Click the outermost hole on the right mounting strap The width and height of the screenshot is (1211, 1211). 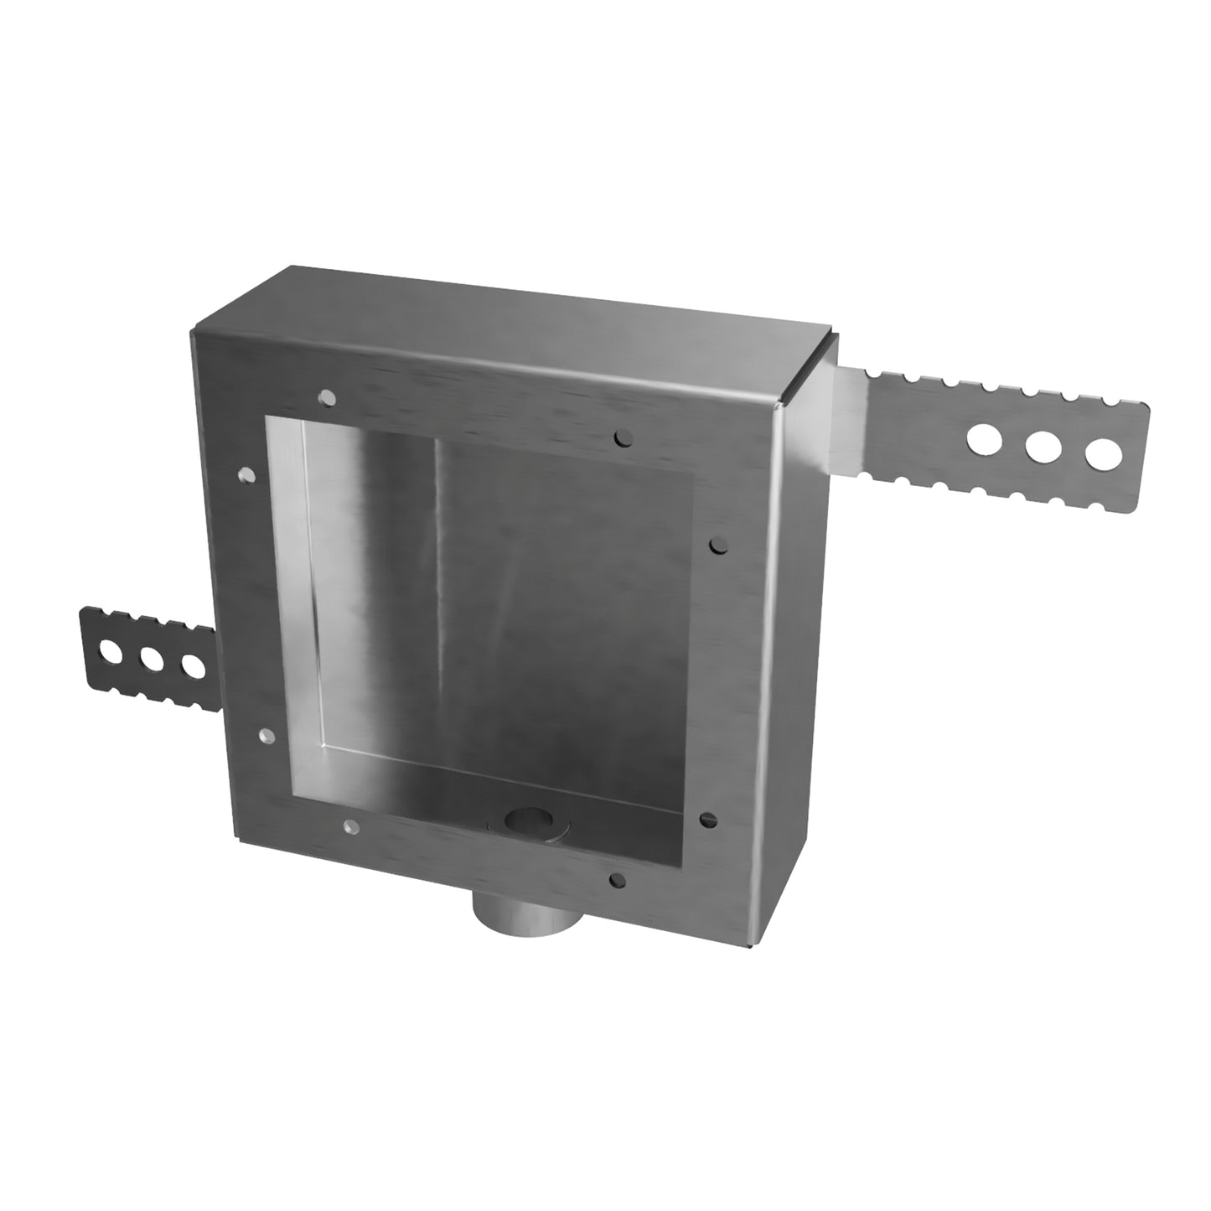click(x=1103, y=453)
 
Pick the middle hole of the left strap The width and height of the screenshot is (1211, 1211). click(x=152, y=660)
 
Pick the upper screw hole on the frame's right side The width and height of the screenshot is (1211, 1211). click(x=717, y=546)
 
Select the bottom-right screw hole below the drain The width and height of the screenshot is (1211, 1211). click(x=618, y=880)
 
